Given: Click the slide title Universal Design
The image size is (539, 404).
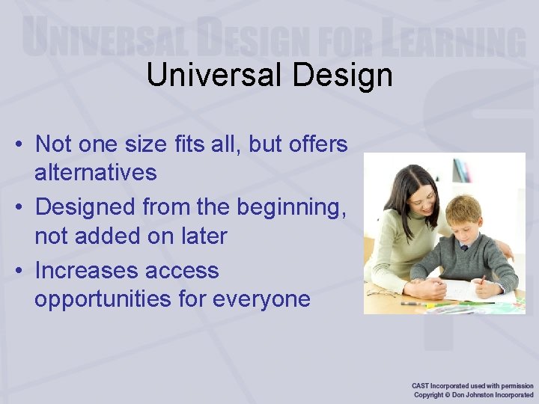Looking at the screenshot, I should (269, 75).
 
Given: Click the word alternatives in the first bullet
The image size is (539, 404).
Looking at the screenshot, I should (96, 173).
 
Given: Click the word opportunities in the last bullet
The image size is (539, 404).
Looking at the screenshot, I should (104, 299).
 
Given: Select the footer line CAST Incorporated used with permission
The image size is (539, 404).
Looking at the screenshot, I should (472, 386).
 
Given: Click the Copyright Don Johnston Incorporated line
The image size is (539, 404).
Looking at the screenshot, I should (473, 395).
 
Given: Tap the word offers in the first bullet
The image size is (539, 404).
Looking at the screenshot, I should (318, 143).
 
